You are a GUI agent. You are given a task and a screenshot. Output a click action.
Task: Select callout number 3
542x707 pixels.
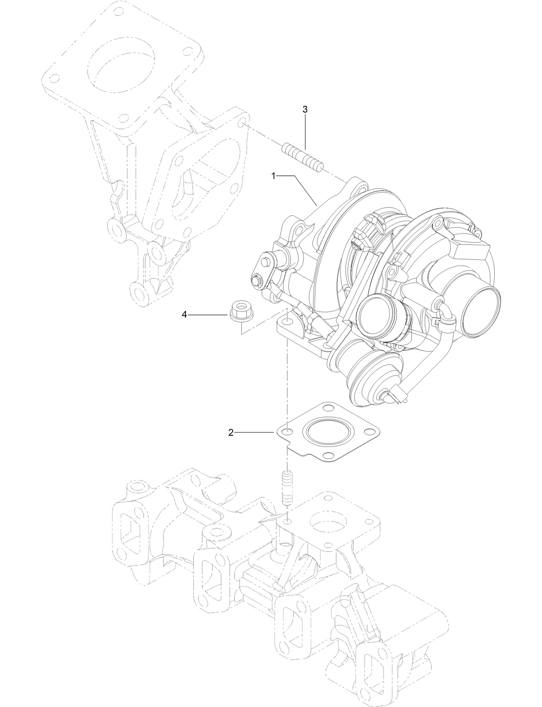pyautogui.click(x=305, y=109)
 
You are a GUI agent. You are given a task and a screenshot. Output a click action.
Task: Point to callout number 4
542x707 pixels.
pyautogui.click(x=184, y=315)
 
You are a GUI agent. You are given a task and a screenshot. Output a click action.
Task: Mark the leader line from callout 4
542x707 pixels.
pyautogui.click(x=207, y=315)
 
